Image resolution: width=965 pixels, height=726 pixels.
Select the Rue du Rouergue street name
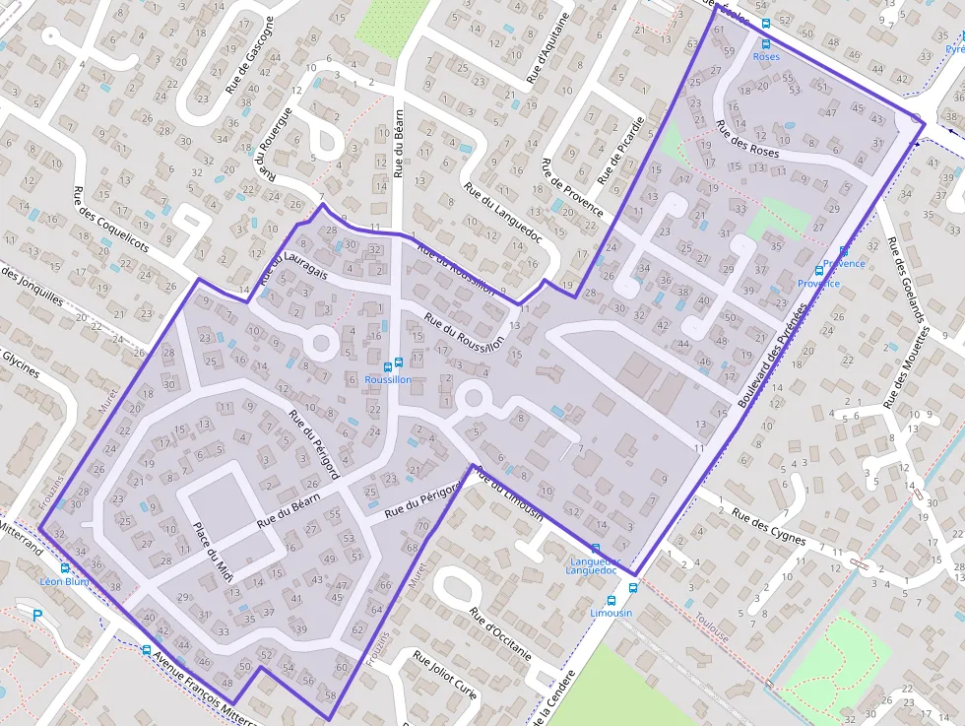tap(277, 143)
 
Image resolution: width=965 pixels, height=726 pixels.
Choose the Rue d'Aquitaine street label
tap(550, 48)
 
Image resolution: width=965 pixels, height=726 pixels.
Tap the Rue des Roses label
tap(747, 140)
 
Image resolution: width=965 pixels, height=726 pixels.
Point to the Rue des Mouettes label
tap(907, 367)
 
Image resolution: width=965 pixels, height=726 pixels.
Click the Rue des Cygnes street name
tap(769, 527)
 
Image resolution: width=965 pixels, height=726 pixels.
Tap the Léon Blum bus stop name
tap(64, 581)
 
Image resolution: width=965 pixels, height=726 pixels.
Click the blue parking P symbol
tap(37, 616)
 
